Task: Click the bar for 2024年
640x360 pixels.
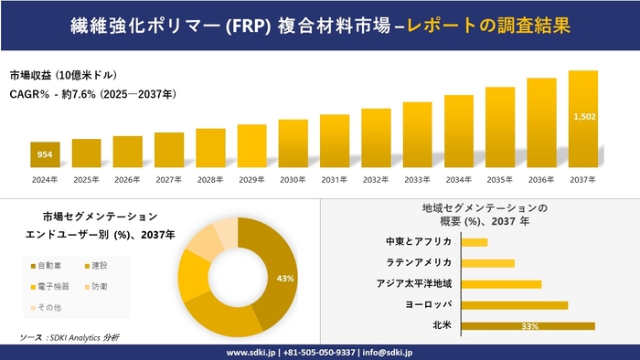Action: tap(45, 155)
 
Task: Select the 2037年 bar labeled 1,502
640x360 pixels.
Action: tap(582, 120)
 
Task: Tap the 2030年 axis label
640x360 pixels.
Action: tap(293, 179)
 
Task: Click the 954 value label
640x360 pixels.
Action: tap(45, 155)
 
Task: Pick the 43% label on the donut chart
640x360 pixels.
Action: tap(284, 278)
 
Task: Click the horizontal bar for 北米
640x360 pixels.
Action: tap(528, 326)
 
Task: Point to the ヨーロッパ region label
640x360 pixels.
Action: tap(426, 305)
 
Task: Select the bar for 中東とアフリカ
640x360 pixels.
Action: tap(475, 242)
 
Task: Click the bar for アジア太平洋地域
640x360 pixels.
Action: tap(501, 284)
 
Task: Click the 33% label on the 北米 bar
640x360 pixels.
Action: tap(528, 326)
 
